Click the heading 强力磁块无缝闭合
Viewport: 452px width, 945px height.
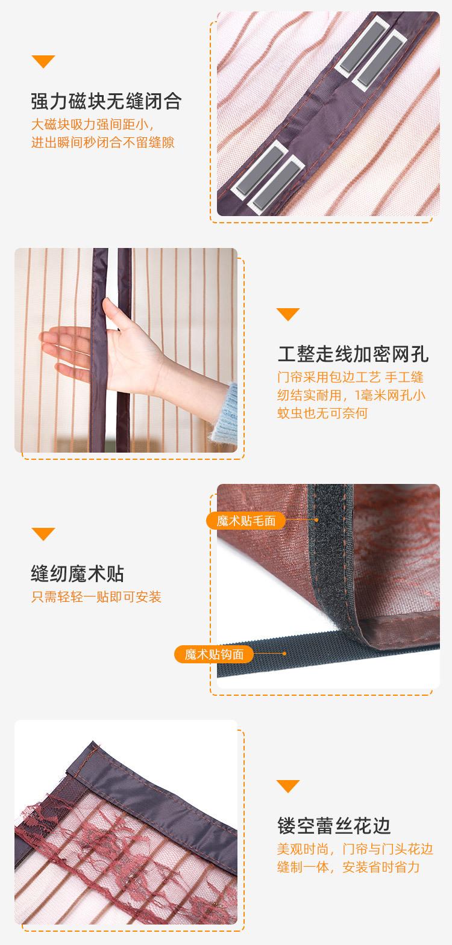105,100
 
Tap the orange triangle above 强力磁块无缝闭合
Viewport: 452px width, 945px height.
43,61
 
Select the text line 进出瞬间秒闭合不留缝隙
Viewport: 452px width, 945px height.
103,143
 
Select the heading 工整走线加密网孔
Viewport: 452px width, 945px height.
353,354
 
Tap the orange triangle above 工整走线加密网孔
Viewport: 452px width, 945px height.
287,314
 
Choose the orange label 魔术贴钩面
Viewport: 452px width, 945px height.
214,654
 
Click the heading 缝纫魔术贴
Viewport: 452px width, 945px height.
77,574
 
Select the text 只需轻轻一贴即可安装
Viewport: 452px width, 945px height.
96,597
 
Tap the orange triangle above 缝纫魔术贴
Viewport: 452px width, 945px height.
43,534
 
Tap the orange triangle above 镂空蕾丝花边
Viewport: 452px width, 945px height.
287,785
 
